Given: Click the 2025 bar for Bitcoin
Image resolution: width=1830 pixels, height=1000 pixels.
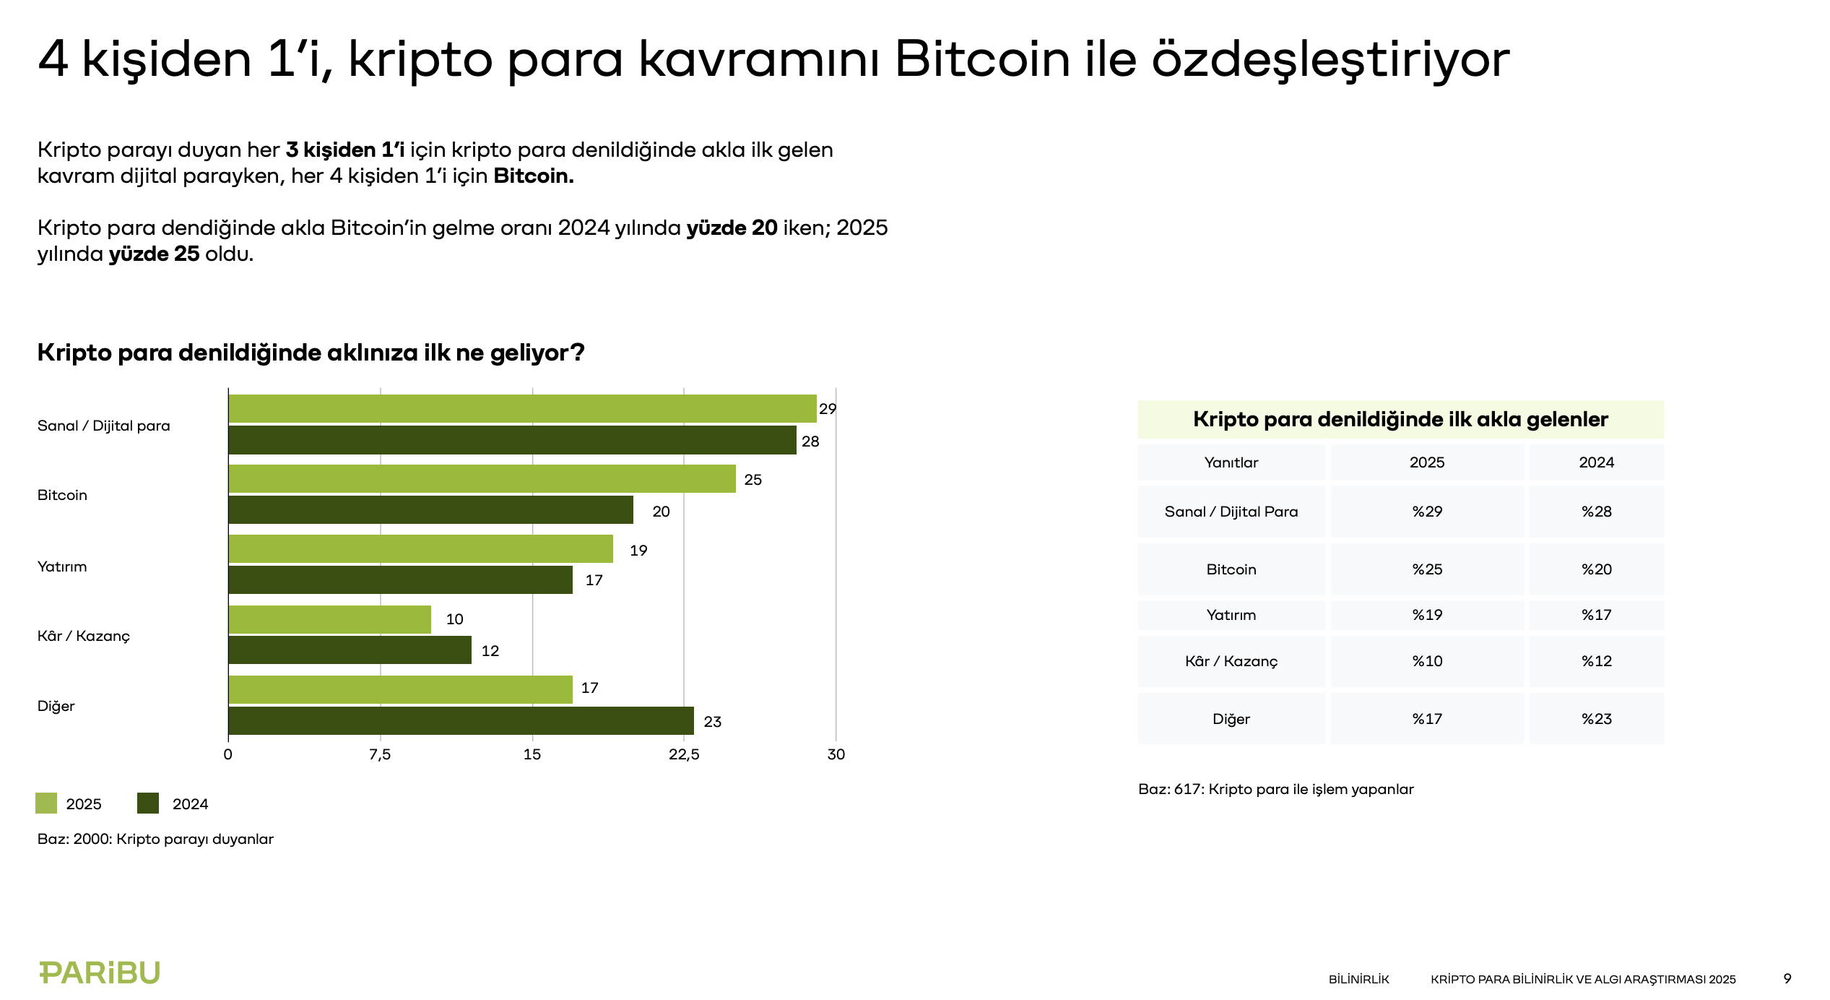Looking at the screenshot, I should (482, 479).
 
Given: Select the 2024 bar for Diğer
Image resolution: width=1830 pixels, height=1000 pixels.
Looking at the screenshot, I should (461, 721).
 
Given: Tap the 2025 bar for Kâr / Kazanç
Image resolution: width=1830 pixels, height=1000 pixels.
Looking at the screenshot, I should (329, 619).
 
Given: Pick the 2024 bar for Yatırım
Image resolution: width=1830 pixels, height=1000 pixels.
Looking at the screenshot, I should (400, 580).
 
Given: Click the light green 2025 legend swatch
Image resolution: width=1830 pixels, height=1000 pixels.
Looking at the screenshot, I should (46, 803).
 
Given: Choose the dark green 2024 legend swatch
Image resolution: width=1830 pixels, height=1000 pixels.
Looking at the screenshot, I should (148, 803).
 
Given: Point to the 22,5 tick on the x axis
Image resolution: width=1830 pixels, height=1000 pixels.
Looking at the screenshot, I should (684, 754).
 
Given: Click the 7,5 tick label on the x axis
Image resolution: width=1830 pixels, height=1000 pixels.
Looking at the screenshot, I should (380, 754).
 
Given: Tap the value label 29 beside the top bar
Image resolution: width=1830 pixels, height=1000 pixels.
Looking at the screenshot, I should (828, 409).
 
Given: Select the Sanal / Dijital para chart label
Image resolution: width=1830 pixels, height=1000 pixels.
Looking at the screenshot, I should (104, 426).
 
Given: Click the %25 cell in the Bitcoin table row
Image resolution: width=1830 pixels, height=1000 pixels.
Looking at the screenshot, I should (1427, 569).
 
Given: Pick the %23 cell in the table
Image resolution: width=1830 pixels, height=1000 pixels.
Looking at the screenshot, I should (1596, 719).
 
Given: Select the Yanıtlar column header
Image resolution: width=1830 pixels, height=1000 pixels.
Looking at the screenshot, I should (1231, 462).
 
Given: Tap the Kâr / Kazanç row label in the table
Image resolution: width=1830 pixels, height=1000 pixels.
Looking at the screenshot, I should (1231, 661).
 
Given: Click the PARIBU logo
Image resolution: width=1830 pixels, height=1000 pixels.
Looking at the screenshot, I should (100, 973).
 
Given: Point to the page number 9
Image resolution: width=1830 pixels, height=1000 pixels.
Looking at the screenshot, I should (1787, 978).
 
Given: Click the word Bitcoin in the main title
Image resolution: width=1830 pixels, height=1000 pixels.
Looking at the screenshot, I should (982, 59).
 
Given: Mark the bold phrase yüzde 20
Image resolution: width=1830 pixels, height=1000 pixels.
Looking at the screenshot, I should (732, 228).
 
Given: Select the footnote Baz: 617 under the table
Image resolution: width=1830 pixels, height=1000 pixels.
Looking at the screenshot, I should (1275, 789).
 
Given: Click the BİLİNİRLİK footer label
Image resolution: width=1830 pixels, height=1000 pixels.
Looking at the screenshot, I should (1358, 979).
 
